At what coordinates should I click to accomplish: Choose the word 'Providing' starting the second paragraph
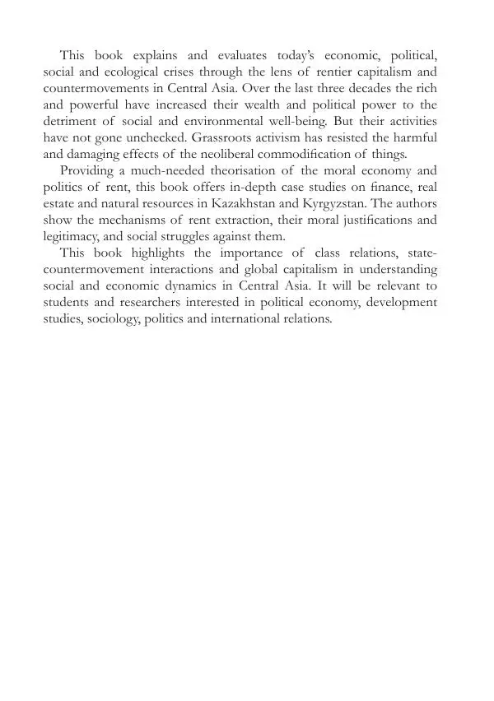(x=87, y=169)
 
